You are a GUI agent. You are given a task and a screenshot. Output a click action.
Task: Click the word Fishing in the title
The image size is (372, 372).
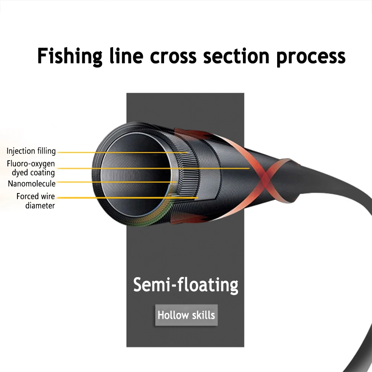point(70,56)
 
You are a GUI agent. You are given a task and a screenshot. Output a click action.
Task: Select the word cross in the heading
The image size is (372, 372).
point(173,56)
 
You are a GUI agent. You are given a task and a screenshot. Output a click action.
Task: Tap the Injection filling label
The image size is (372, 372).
point(31,151)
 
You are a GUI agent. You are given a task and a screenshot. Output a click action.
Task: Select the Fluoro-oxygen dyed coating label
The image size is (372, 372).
point(31,168)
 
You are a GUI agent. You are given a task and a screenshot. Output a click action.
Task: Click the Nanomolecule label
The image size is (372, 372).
point(32,183)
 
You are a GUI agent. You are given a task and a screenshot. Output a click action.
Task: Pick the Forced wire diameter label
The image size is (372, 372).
point(36,201)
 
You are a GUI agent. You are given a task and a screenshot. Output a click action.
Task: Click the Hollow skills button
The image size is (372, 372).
point(186,315)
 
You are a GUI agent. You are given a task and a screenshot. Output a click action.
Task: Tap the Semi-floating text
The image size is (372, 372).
point(186,285)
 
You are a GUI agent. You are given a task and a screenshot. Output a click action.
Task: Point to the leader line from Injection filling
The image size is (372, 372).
point(123,152)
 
